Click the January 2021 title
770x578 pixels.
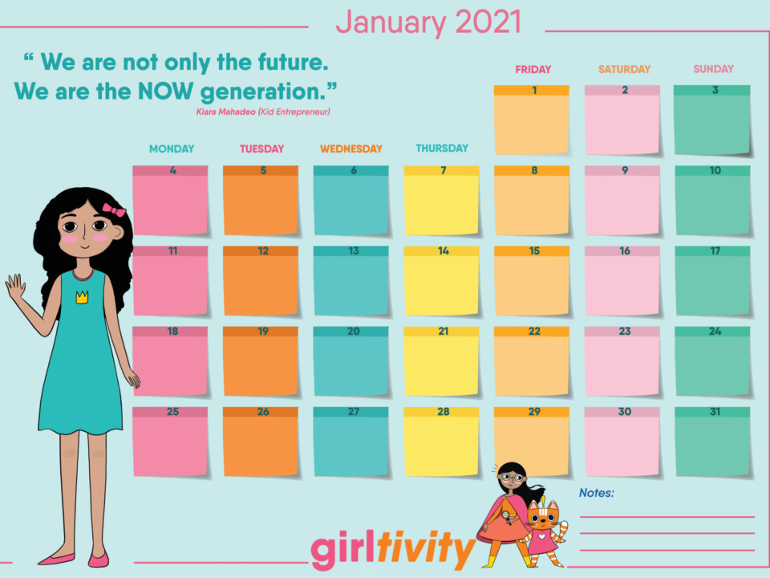click(428, 22)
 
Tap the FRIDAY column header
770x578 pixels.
click(533, 69)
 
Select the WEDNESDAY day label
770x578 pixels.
click(351, 149)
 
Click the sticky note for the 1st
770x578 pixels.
click(531, 120)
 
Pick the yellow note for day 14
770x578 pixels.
click(441, 281)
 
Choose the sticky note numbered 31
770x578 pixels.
click(712, 442)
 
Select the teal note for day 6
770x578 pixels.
click(351, 201)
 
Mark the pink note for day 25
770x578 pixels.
click(170, 442)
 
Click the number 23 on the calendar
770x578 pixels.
click(625, 332)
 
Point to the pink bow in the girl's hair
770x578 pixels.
click(114, 210)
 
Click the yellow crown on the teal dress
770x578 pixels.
click(82, 297)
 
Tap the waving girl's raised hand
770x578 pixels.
click(15, 287)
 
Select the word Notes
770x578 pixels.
click(597, 492)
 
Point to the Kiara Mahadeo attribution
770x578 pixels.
click(263, 112)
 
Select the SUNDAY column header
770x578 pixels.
click(714, 69)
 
